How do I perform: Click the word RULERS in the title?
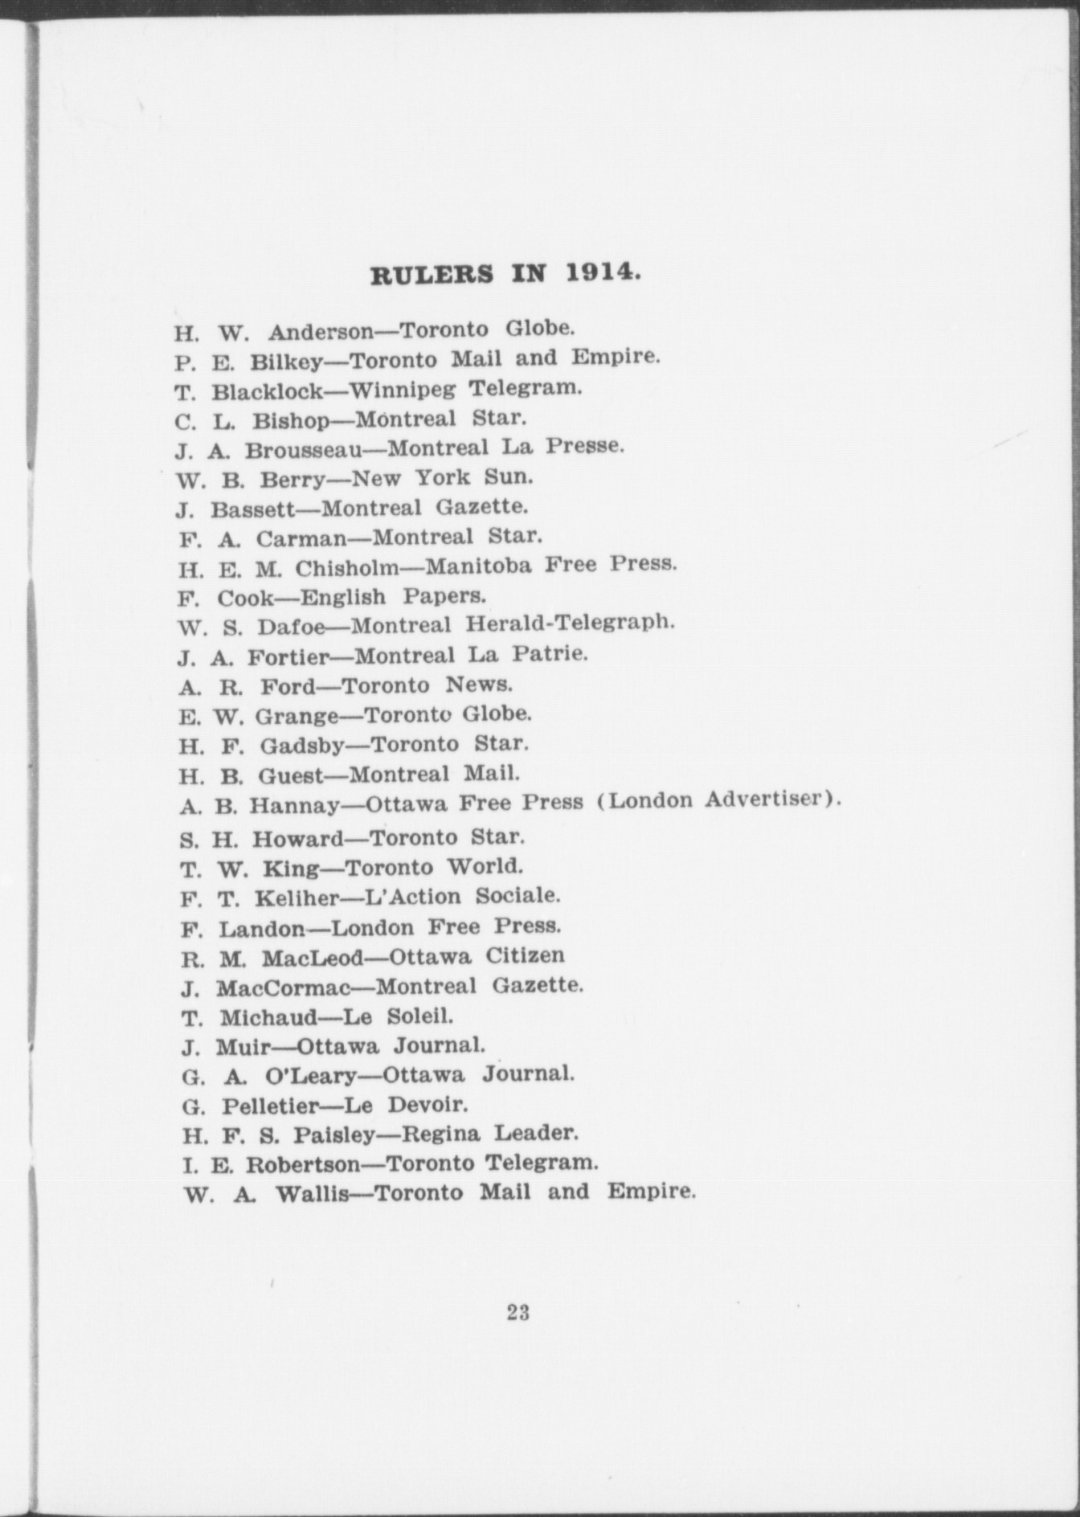[432, 275]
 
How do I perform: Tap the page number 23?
[518, 1312]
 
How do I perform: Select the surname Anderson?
[321, 331]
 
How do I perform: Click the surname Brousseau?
[303, 449]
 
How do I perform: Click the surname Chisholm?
[346, 568]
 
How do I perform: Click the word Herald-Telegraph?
[570, 623]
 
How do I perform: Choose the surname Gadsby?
[301, 746]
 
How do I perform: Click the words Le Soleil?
[398, 1016]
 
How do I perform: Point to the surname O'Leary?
[309, 1075]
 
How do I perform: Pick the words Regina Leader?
[489, 1134]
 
